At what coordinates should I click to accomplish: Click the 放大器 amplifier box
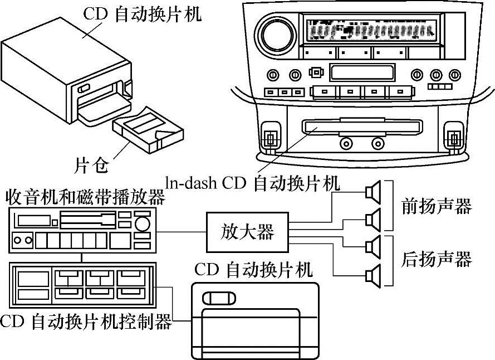247,232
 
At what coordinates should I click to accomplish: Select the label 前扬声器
437,206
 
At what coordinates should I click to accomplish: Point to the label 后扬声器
437,259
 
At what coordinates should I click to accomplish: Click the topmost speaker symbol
373,192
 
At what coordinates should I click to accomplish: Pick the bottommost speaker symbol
373,276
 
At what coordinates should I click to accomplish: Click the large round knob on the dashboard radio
277,35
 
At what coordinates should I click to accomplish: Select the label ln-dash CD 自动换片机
253,183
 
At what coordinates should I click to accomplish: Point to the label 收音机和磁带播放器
85,197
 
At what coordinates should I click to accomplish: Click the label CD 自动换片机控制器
86,322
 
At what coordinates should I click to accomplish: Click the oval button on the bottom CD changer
219,298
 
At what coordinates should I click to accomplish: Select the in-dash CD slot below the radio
362,127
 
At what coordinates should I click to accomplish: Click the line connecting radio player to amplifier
181,232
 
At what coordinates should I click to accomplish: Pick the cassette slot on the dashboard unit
362,72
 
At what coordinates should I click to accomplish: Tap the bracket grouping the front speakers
390,206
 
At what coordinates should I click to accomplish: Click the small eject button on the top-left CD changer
84,88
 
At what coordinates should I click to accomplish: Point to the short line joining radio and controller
81,257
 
